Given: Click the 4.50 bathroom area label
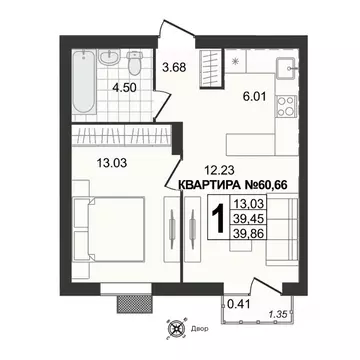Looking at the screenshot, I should [x=124, y=86].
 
